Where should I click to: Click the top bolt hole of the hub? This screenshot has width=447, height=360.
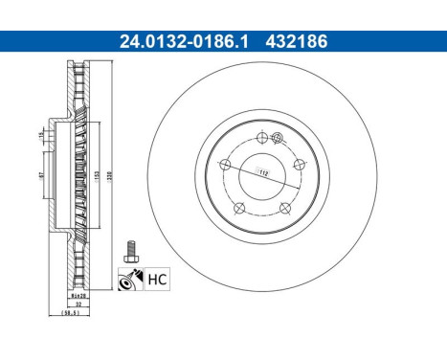[261, 137]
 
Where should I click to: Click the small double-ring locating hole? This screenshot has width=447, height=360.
[276, 141]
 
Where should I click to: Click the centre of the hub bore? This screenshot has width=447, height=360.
[260, 175]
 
